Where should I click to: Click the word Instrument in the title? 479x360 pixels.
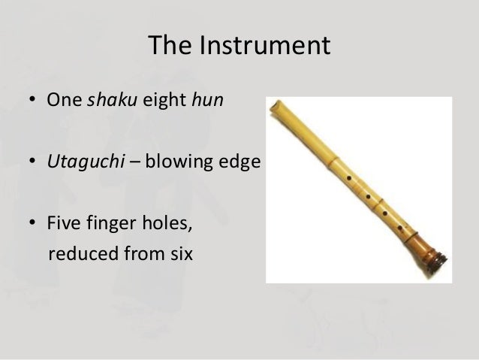click(x=264, y=46)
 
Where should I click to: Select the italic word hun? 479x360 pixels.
click(x=208, y=101)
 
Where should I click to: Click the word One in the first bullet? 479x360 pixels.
click(x=64, y=101)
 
